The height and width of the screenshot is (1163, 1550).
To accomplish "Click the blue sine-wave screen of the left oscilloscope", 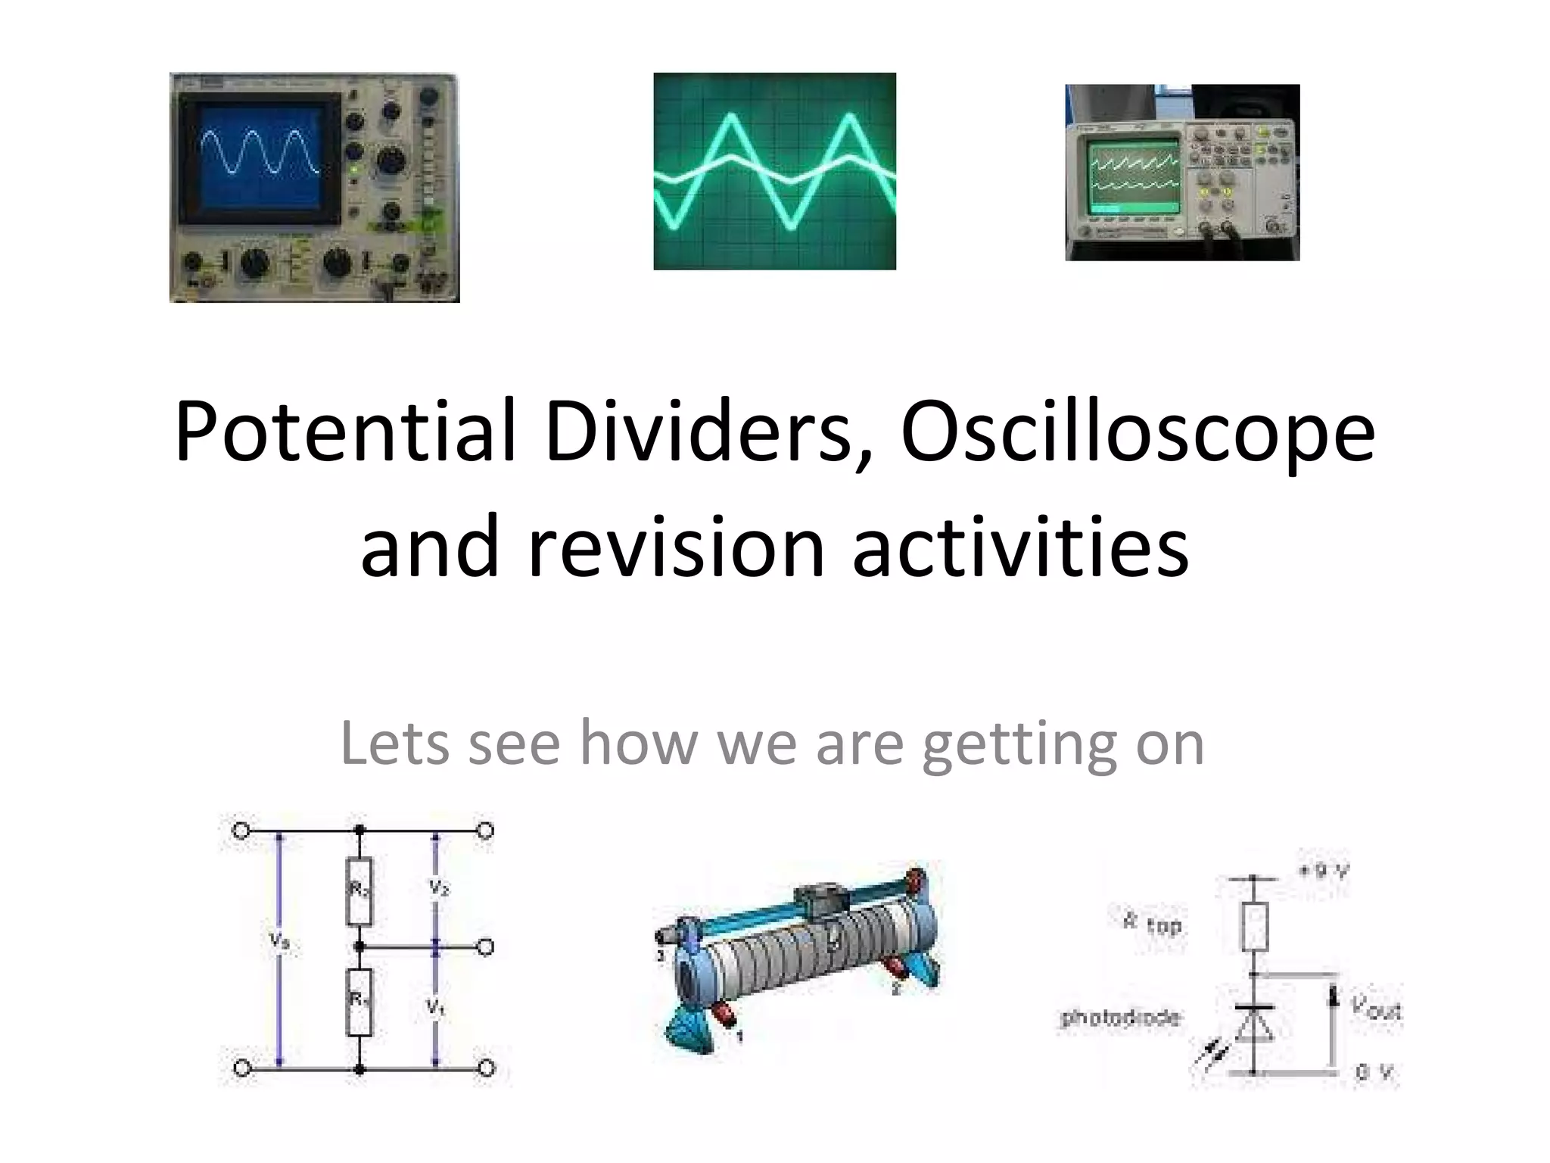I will (260, 162).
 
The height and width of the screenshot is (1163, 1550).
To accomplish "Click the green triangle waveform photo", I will (774, 171).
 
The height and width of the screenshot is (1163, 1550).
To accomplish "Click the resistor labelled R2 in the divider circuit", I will (359, 891).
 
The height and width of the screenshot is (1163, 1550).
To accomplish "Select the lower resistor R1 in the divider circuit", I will (359, 1002).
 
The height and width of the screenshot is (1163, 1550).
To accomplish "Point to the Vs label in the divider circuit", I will (279, 941).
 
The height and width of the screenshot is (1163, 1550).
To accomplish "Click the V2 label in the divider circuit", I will (438, 887).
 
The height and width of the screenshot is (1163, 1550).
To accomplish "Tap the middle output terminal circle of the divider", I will (487, 946).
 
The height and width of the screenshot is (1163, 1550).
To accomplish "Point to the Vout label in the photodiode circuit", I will (1375, 1007).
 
